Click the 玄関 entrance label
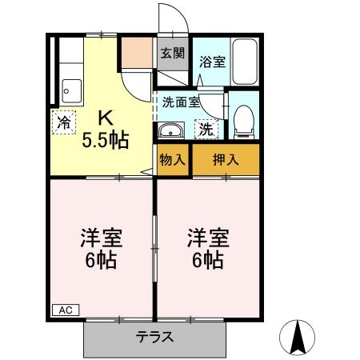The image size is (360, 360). pos(172,54)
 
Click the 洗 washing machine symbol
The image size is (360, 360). pos(206,128)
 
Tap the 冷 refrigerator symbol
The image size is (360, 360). pos(64,124)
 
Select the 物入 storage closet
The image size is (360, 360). pos(173,159)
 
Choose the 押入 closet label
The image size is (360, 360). pos(226,159)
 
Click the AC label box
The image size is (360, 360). pos(63,309)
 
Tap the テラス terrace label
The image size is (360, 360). pos(154,336)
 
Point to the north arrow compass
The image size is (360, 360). pos(298,337)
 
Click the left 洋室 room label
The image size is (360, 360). pos(100,238)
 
